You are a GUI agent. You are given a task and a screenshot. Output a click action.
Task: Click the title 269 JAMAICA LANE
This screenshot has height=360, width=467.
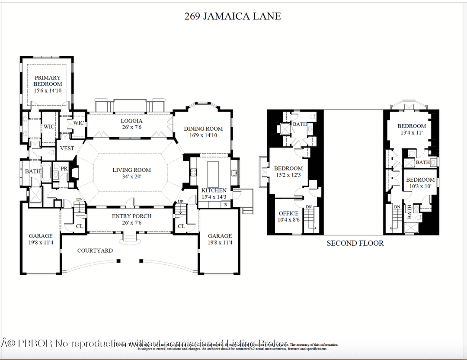click(x=233, y=16)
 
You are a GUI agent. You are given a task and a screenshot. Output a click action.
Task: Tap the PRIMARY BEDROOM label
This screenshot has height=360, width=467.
click(x=48, y=81)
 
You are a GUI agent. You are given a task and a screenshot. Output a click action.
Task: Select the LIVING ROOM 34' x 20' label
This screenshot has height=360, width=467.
click(x=131, y=173)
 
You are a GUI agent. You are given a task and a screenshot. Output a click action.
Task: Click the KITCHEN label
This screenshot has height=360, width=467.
click(x=214, y=190)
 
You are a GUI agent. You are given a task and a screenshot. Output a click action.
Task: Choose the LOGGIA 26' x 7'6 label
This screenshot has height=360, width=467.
click(x=131, y=124)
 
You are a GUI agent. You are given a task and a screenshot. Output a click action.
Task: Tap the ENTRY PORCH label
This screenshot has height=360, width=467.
click(x=131, y=219)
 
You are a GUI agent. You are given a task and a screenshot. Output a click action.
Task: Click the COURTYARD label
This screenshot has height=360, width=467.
click(x=95, y=251)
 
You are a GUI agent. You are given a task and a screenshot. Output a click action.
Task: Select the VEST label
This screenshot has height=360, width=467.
click(x=67, y=148)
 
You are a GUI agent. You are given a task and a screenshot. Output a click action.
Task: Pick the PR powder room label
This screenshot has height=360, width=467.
click(x=64, y=169)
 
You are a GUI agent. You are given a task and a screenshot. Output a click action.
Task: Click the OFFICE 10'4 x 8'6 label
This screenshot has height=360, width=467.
click(x=288, y=216)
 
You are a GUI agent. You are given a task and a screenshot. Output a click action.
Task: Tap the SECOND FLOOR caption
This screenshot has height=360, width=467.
click(x=355, y=243)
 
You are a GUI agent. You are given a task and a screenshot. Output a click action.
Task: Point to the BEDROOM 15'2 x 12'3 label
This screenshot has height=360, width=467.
click(x=288, y=171)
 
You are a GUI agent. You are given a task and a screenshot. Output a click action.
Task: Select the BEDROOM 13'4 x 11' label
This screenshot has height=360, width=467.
click(x=412, y=129)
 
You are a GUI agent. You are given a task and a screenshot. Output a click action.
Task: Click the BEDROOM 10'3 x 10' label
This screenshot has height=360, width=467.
click(x=420, y=183)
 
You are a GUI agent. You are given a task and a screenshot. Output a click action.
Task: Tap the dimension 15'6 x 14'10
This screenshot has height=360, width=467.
click(x=48, y=91)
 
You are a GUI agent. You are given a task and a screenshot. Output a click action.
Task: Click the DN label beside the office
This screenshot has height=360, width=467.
click(x=308, y=207)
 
